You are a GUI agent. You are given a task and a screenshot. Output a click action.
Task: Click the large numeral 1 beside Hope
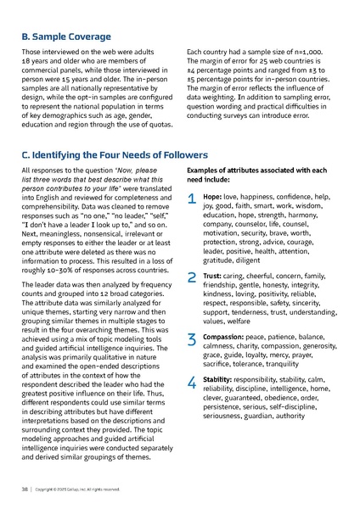pos(191,200)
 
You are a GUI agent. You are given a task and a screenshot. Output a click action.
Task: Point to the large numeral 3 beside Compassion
pos(191,340)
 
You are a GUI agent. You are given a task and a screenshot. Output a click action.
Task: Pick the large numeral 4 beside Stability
pos(191,383)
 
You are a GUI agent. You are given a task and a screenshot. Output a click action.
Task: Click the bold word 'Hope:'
pos(211,196)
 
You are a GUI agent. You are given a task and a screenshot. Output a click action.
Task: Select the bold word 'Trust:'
pos(212,276)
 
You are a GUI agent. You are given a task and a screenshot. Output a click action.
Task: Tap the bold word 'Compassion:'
pos(222,337)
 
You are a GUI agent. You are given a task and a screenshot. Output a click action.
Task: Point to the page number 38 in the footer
pos(25,490)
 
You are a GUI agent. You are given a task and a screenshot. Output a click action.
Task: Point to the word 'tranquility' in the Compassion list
pos(283,364)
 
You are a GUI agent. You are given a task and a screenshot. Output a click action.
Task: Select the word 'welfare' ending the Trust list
pos(238,322)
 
